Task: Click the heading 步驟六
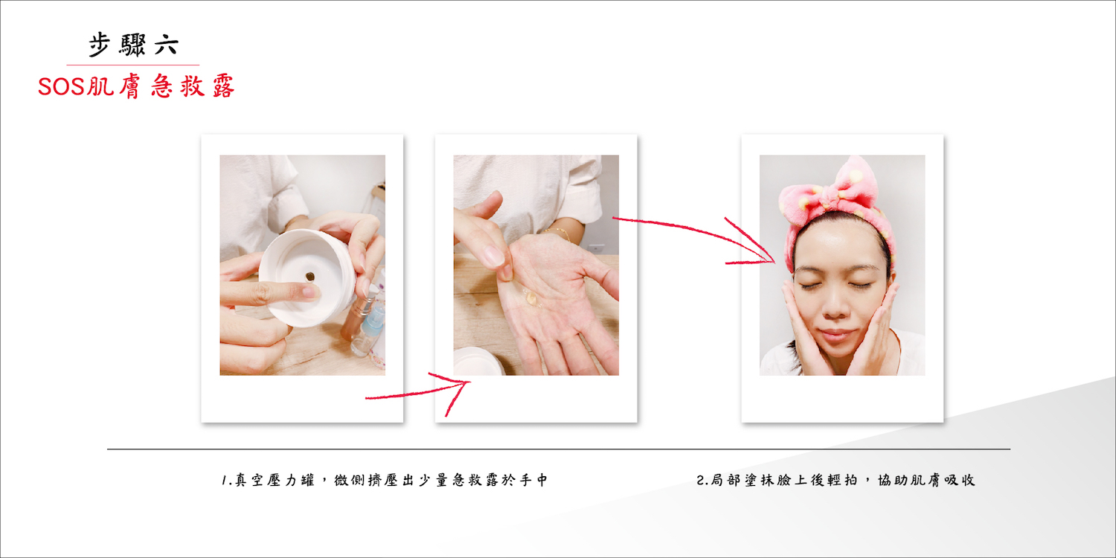pos(133,45)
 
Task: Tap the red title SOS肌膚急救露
pos(136,86)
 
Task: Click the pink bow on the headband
pos(838,192)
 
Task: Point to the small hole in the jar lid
pos(310,276)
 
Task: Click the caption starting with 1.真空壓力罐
pos(385,480)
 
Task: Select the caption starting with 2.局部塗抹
pos(836,480)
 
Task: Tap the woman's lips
pos(836,333)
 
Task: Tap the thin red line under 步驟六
pos(133,65)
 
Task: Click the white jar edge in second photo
pos(478,361)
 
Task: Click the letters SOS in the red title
pos(62,87)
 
